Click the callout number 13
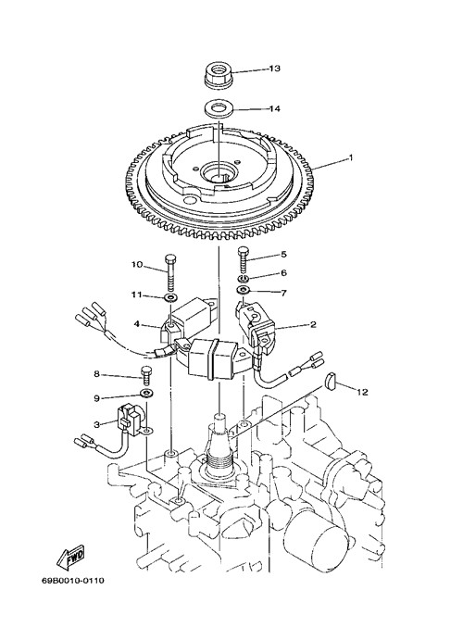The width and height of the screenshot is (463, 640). pyautogui.click(x=274, y=69)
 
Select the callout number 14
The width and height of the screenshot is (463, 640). pyautogui.click(x=274, y=108)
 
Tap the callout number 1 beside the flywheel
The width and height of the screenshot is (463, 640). pyautogui.click(x=350, y=157)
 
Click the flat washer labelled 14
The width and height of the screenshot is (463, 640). pyautogui.click(x=219, y=109)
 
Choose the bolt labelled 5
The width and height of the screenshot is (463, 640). pyautogui.click(x=244, y=257)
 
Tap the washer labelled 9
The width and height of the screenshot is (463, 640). pyautogui.click(x=145, y=395)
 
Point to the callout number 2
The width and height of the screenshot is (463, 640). pyautogui.click(x=313, y=325)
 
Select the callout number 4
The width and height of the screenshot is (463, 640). pyautogui.click(x=137, y=324)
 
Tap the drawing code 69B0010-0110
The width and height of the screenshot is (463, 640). pyautogui.click(x=72, y=581)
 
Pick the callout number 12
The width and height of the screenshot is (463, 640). pyautogui.click(x=362, y=393)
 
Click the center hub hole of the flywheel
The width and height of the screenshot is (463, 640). pyautogui.click(x=219, y=170)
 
